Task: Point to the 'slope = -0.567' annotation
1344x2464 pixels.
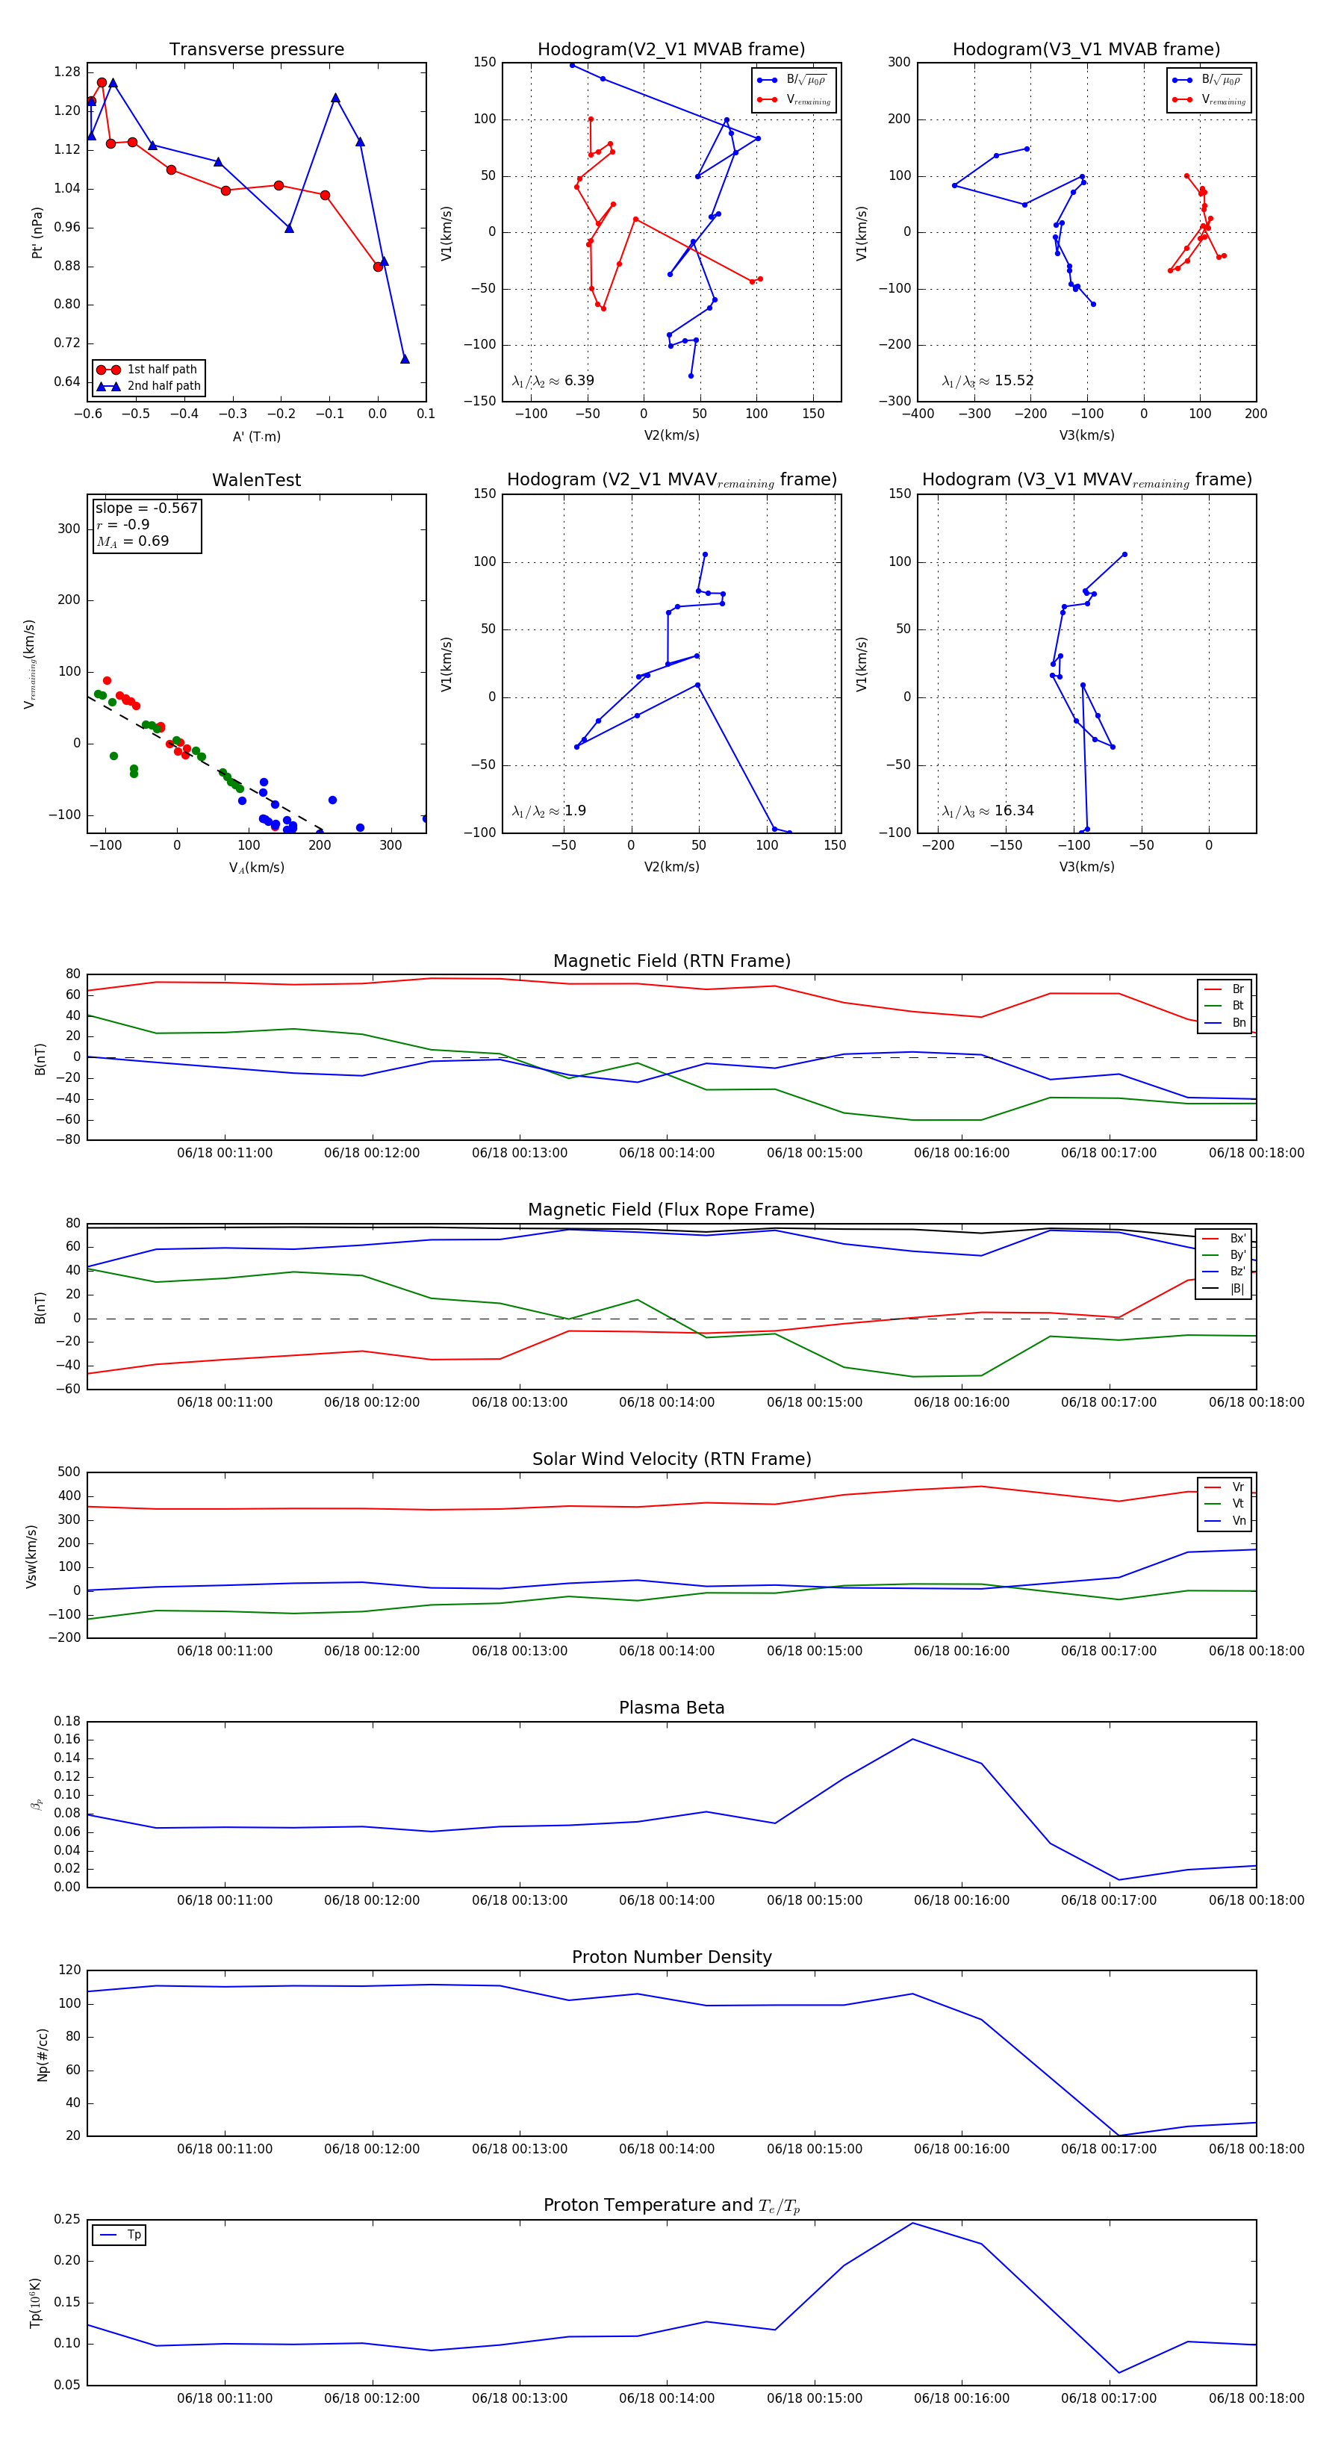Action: [146, 508]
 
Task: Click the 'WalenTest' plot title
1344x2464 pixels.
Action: [256, 480]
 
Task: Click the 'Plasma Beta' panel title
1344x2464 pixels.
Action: [671, 1708]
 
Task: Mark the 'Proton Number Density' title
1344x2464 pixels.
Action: [671, 1957]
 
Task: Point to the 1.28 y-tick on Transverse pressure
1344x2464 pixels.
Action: [67, 72]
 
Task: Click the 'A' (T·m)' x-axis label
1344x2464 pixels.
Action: [256, 437]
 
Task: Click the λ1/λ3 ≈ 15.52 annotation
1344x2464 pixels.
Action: [987, 381]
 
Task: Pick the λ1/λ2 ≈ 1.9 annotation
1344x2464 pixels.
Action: [549, 811]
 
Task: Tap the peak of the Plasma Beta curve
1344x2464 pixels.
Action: [912, 1739]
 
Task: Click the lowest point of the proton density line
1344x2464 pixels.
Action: [1119, 2135]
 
